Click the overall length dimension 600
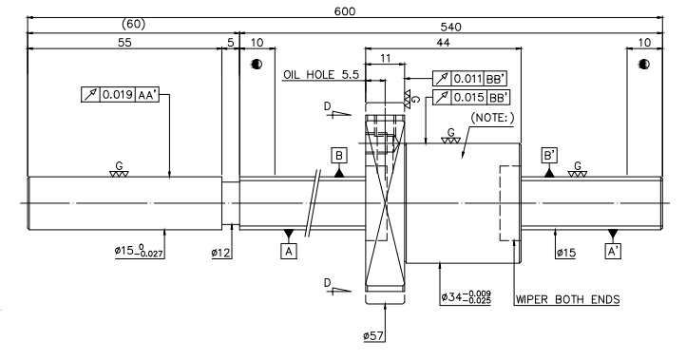coord(345,11)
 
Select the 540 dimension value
coord(450,28)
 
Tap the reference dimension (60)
coord(133,24)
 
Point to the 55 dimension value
coord(124,42)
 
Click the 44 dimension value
coord(443,42)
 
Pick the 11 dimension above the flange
coord(385,58)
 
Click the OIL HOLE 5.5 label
coord(321,75)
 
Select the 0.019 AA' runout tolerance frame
coord(120,94)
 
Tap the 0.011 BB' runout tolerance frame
coord(470,79)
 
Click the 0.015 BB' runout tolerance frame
coord(471,97)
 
